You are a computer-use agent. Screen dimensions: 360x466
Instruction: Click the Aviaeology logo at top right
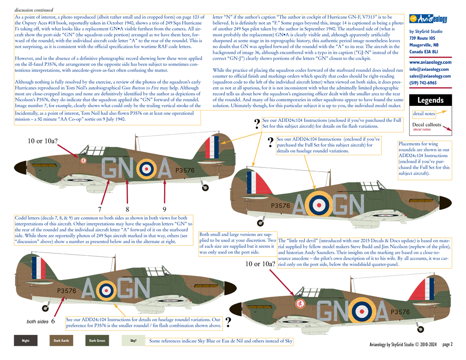click(x=428, y=19)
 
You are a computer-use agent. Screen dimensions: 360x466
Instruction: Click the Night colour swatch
click(x=26, y=341)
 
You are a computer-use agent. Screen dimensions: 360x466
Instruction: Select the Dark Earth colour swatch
click(x=61, y=341)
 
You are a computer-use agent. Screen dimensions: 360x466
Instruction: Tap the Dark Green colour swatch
click(x=97, y=341)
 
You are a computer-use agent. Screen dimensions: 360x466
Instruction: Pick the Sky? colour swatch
click(x=133, y=341)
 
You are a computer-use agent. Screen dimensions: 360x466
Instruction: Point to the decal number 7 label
click(x=100, y=209)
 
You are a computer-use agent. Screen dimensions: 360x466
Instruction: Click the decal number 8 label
click(x=127, y=209)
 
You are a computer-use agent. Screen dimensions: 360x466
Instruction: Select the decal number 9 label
click(x=164, y=209)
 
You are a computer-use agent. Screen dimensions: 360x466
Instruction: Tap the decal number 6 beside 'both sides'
click(x=53, y=322)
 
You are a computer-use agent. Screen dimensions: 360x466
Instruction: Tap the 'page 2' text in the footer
click(x=447, y=344)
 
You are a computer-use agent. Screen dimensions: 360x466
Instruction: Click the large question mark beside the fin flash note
click(x=257, y=124)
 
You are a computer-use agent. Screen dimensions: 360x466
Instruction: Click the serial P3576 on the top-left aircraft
click(x=185, y=170)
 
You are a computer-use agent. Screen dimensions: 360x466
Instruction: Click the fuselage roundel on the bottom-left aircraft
click(x=106, y=289)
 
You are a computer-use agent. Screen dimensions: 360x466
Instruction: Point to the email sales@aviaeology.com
click(x=430, y=76)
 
